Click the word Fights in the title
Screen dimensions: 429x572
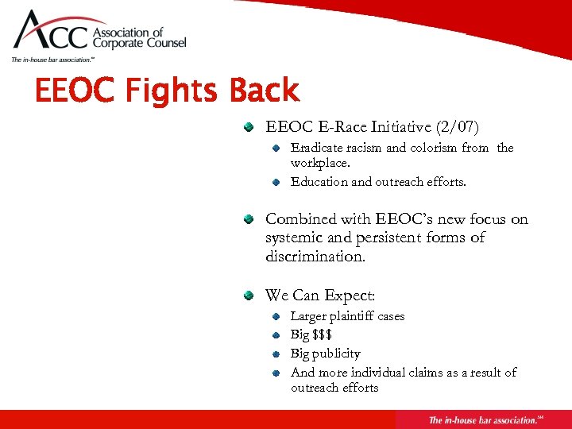tap(167, 91)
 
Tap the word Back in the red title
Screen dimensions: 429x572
tap(264, 91)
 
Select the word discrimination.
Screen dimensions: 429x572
tap(315, 257)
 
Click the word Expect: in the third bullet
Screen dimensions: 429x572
tap(348, 296)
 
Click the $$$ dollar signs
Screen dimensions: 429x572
tap(322, 335)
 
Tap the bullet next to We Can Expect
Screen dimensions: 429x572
tap(249, 296)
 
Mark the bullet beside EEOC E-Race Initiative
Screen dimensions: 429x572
tap(249, 126)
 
